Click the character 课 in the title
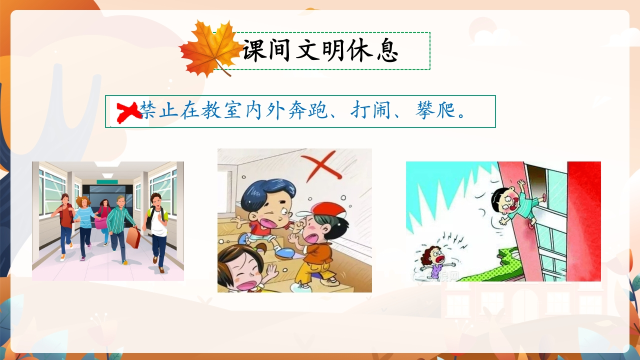(255, 51)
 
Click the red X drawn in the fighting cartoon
(321, 165)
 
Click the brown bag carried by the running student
(133, 237)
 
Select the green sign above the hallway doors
(107, 182)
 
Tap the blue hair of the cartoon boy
(267, 192)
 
